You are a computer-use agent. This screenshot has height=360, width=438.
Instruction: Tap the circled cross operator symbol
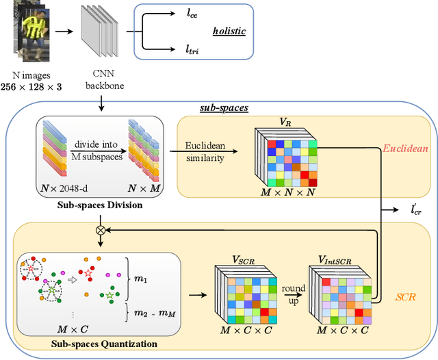coord(101,230)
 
